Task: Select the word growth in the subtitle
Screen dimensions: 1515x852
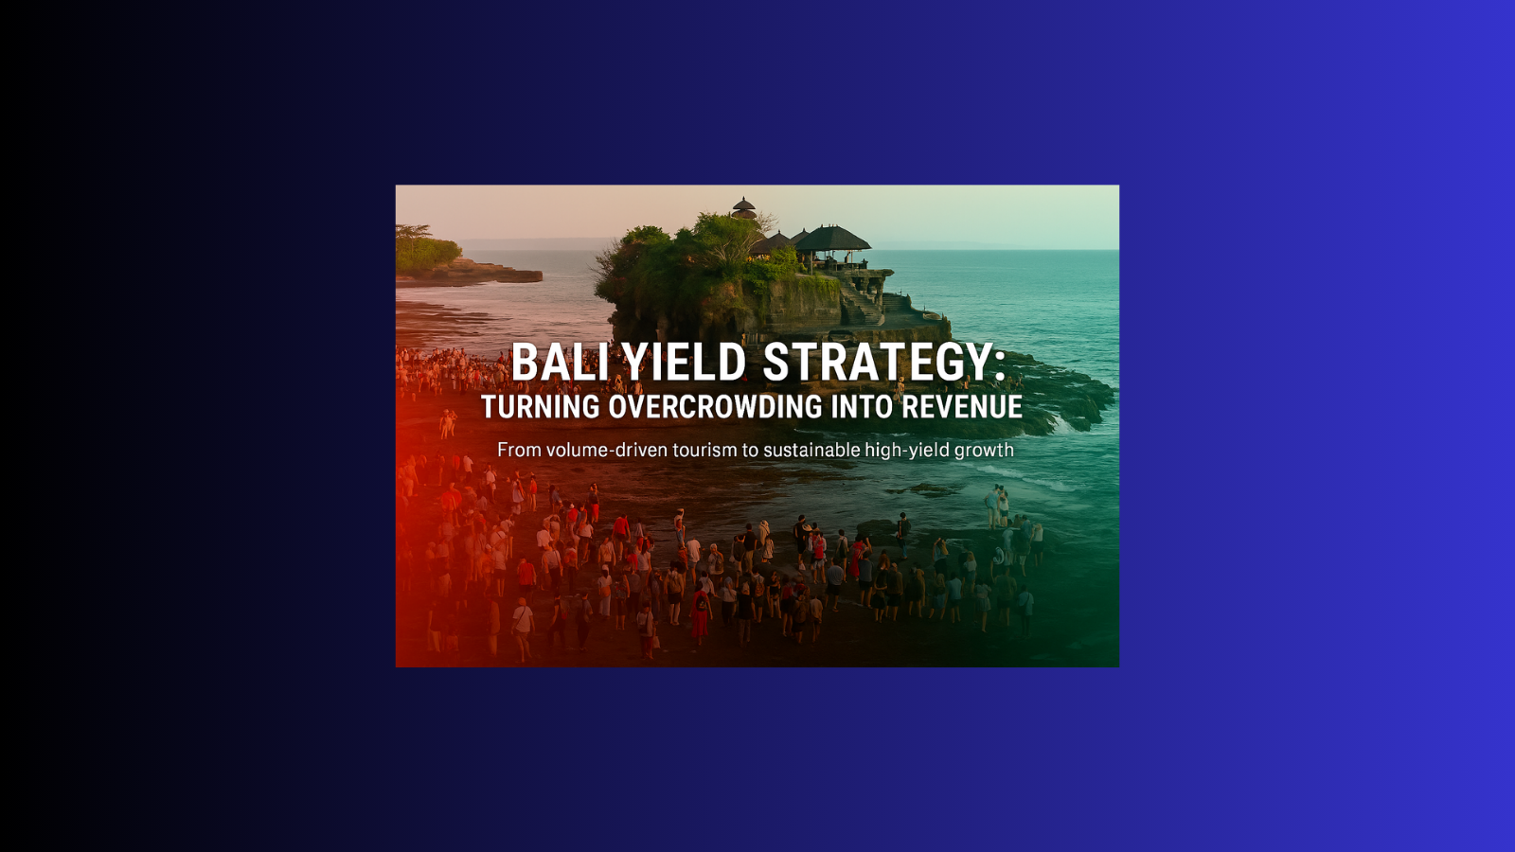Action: coord(984,451)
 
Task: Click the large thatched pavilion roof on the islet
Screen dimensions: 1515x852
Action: coord(832,238)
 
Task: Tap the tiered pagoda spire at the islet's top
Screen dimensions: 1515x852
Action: coord(743,207)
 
